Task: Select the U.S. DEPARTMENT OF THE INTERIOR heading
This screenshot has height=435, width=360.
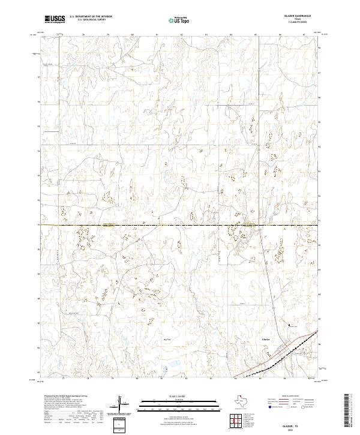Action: coord(95,17)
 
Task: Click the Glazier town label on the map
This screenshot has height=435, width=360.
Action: coord(266,339)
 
